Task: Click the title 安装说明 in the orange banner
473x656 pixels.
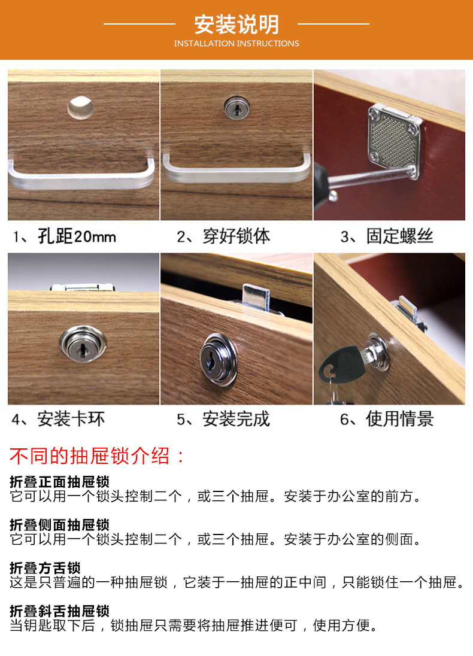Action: click(x=236, y=25)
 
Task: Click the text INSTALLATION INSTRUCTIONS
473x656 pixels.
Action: click(x=236, y=44)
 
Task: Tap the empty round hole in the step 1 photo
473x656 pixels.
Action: click(x=80, y=107)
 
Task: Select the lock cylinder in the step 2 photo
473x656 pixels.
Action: click(x=235, y=110)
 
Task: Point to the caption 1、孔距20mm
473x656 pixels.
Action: click(x=65, y=236)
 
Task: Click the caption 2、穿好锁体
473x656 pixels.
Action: click(x=223, y=236)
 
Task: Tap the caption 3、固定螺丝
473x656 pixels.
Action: click(x=386, y=236)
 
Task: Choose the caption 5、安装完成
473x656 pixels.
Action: click(x=223, y=419)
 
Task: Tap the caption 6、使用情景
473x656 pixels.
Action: click(x=386, y=419)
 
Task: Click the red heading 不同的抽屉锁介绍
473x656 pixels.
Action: click(x=98, y=456)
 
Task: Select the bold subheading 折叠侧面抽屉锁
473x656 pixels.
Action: click(x=59, y=525)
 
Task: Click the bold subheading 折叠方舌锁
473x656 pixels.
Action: click(x=45, y=567)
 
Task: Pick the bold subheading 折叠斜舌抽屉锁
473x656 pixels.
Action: click(x=59, y=611)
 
